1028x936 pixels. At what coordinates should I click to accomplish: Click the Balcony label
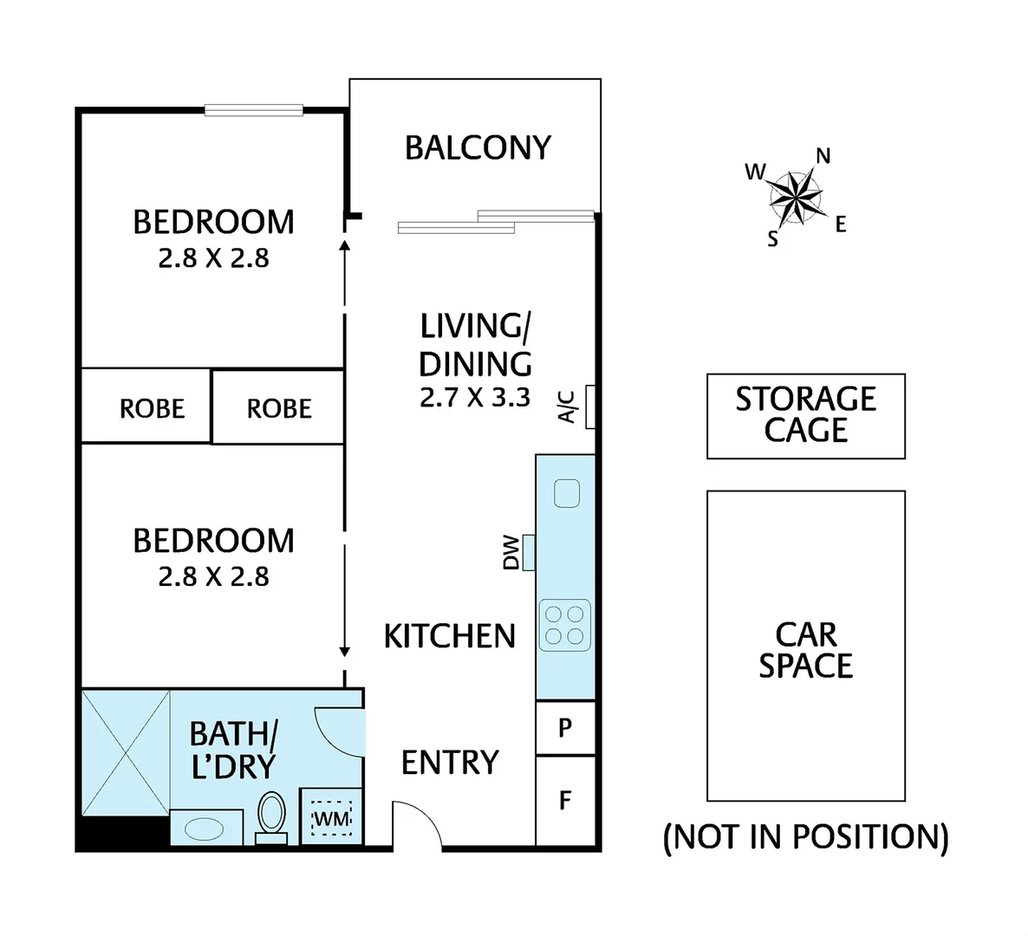(478, 148)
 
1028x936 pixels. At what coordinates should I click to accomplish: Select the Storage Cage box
(805, 416)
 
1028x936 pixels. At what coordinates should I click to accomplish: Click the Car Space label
(805, 650)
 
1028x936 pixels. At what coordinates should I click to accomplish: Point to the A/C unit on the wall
(590, 406)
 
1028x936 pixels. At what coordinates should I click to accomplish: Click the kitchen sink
(567, 493)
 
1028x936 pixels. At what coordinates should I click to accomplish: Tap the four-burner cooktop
(565, 625)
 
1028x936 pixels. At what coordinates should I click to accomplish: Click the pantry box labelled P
(565, 728)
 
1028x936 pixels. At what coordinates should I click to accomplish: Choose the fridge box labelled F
(565, 799)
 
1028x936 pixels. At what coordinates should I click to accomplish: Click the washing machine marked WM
(330, 816)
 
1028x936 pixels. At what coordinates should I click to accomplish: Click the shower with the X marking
(125, 752)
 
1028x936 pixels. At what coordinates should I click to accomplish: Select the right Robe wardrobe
(278, 407)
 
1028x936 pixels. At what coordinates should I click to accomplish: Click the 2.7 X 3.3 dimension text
(474, 398)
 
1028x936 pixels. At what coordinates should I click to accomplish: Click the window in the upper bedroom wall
(253, 110)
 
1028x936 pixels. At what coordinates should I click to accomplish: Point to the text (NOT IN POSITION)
(805, 837)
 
